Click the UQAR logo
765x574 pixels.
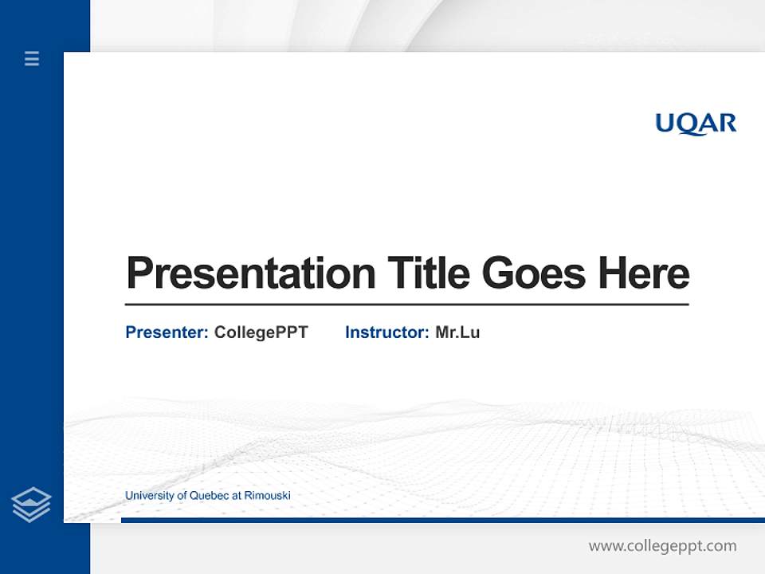pyautogui.click(x=696, y=124)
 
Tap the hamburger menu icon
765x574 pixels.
pyautogui.click(x=32, y=58)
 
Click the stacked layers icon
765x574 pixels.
pyautogui.click(x=31, y=505)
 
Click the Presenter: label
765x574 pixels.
pyautogui.click(x=167, y=332)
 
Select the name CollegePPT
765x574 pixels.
pyautogui.click(x=261, y=332)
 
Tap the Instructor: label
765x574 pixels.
pyautogui.click(x=386, y=332)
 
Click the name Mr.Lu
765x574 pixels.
pyautogui.click(x=457, y=332)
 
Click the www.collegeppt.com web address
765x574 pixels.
pyautogui.click(x=662, y=546)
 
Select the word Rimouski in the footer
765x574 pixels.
pyautogui.click(x=267, y=496)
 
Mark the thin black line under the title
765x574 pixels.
pyautogui.click(x=406, y=305)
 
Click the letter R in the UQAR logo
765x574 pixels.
pyautogui.click(x=726, y=123)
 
